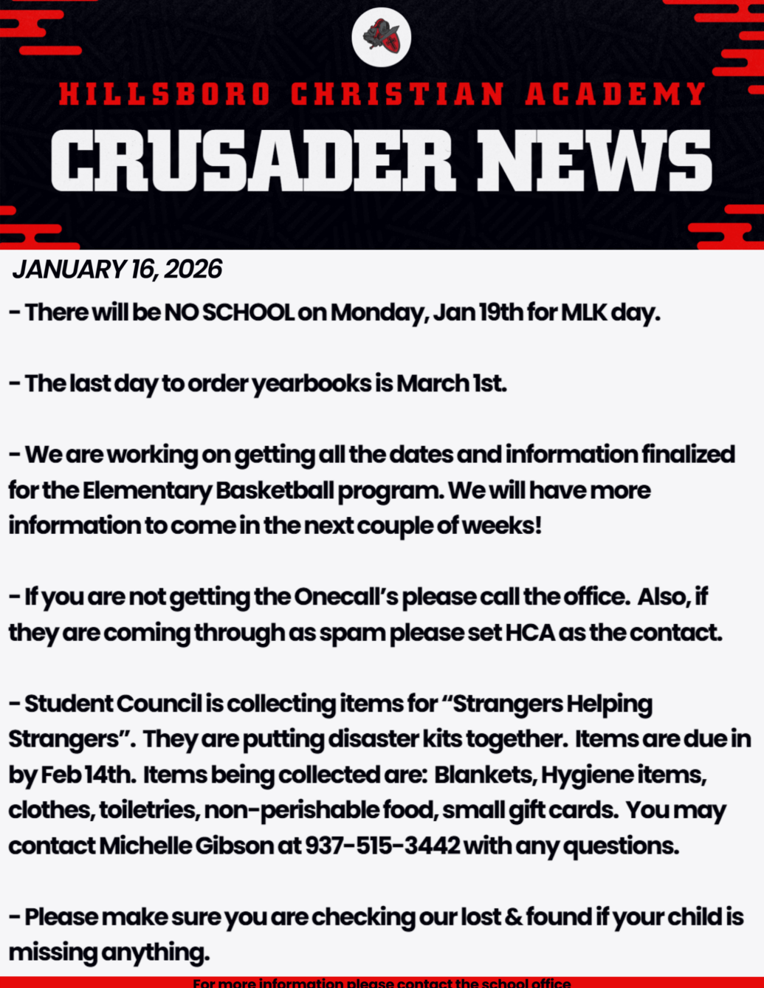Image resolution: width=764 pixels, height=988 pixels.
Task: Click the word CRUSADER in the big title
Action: (252, 161)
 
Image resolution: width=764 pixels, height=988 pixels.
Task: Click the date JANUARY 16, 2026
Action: (117, 270)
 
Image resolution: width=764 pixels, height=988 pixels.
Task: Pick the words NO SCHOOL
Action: (229, 312)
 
